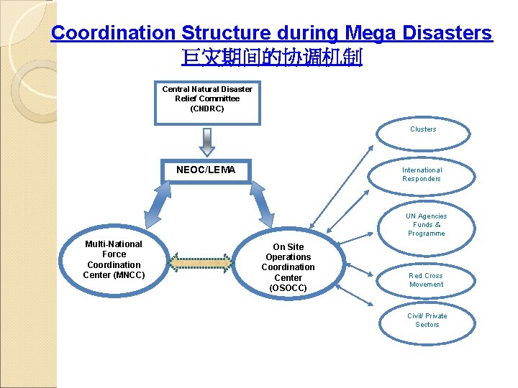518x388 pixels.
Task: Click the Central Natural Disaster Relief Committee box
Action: pyautogui.click(x=207, y=101)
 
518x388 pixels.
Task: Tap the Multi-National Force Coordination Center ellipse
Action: pyautogui.click(x=114, y=259)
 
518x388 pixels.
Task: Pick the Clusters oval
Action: pyautogui.click(x=423, y=131)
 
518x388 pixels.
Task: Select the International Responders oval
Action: pyautogui.click(x=422, y=175)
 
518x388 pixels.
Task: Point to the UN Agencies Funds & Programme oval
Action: pyautogui.click(x=426, y=225)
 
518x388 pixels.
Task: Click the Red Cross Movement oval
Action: pyautogui.click(x=426, y=280)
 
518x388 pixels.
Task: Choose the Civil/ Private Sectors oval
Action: pyautogui.click(x=427, y=321)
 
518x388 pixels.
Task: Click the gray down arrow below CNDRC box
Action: pyautogui.click(x=207, y=142)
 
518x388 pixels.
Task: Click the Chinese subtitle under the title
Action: pyautogui.click(x=272, y=57)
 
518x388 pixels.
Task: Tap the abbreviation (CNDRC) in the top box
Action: pyautogui.click(x=207, y=109)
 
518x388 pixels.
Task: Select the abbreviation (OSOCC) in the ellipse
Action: pyautogui.click(x=288, y=288)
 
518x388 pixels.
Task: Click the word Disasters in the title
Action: pyautogui.click(x=453, y=33)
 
